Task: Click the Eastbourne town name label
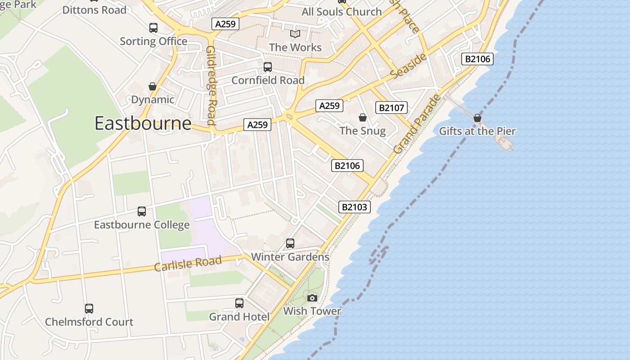tap(143, 123)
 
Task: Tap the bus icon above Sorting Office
tap(153, 28)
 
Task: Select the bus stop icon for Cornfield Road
tap(268, 67)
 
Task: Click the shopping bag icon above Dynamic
tap(153, 86)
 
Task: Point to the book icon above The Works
tap(295, 34)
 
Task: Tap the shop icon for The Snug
tap(363, 117)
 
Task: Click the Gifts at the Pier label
tap(477, 131)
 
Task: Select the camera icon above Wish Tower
tap(312, 298)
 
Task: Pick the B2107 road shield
tap(391, 108)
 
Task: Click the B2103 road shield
tap(355, 207)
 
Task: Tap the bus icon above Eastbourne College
tap(142, 211)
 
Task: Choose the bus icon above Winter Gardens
tap(290, 243)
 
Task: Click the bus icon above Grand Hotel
tap(239, 303)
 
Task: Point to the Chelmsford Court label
tap(89, 322)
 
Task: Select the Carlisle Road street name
tap(188, 264)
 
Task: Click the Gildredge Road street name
tap(211, 85)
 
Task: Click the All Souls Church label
tap(342, 12)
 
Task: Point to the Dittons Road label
tap(94, 10)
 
